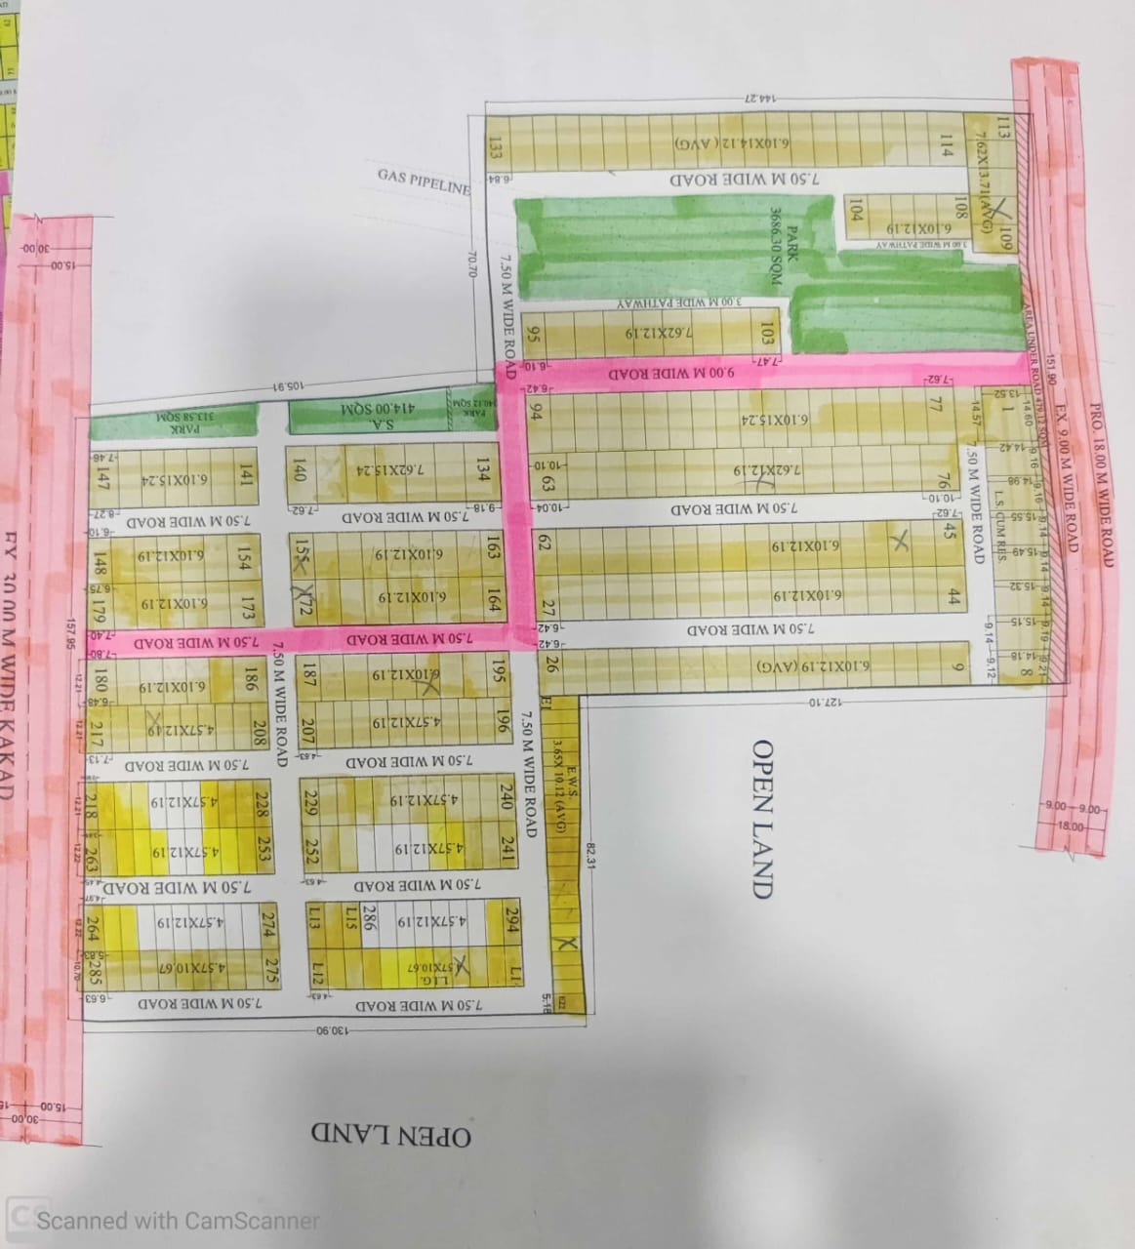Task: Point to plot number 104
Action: (x=856, y=209)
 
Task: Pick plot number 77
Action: (x=936, y=402)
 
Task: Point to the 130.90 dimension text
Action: (x=332, y=1030)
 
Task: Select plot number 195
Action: (x=500, y=672)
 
